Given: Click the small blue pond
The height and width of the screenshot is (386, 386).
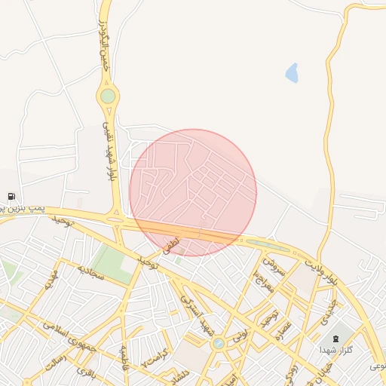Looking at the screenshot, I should tap(292, 73).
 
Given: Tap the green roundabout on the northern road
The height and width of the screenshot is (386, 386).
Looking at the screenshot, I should tap(109, 96).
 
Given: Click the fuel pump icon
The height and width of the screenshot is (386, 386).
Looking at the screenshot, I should tap(11, 197).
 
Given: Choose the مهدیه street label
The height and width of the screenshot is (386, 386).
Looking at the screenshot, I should tap(51, 282).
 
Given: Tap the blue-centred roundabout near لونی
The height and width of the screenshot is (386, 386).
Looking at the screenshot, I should tap(219, 344).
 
